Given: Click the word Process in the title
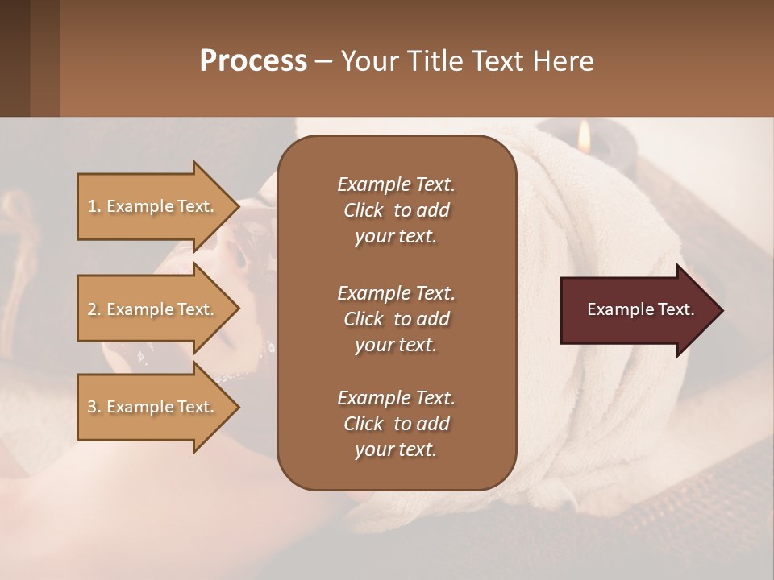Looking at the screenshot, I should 253,61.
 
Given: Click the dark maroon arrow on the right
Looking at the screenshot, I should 637,310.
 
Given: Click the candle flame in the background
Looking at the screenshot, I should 585,136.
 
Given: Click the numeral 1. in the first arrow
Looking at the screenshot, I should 94,206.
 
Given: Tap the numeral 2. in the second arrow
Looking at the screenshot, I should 94,309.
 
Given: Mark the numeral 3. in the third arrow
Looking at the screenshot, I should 94,407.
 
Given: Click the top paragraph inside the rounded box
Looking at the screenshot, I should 396,210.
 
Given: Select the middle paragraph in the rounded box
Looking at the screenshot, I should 396,318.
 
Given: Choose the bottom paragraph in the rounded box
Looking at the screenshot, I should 396,424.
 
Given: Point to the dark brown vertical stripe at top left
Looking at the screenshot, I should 15,58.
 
